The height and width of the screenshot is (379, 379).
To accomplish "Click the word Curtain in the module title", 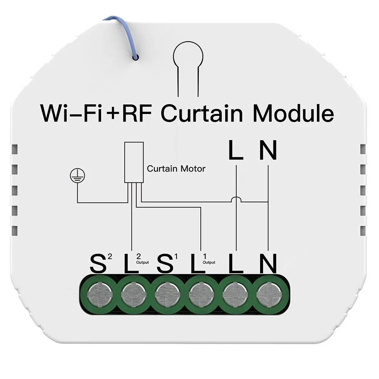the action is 201,113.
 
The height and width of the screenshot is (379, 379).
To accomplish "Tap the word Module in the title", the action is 293,113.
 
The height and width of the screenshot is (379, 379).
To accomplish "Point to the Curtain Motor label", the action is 176,168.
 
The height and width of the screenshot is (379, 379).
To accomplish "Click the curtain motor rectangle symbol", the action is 134,162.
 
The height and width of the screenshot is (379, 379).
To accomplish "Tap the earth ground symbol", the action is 77,175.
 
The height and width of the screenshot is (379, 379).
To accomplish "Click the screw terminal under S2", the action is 100,295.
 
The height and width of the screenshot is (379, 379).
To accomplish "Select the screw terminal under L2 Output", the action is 133,295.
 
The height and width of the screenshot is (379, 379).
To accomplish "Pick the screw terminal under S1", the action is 167,295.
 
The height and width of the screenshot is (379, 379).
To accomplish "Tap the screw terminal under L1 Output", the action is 201,295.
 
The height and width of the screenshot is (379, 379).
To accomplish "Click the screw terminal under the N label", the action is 269,295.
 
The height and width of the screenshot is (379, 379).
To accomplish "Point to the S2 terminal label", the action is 101,263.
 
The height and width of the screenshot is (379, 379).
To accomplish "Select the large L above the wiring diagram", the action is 236,150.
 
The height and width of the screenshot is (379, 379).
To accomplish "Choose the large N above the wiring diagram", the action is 268,150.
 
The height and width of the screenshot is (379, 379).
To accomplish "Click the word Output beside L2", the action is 142,262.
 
